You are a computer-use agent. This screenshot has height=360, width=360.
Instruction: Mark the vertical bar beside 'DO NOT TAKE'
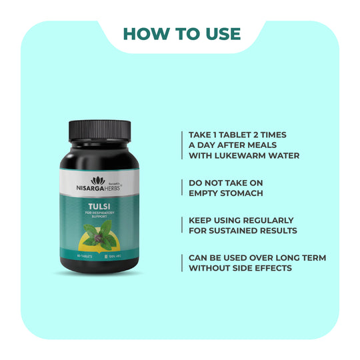click(x=183, y=188)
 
